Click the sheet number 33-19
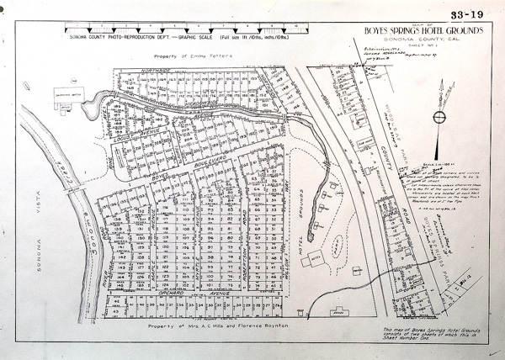point(466,14)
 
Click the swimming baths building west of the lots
point(65,95)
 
